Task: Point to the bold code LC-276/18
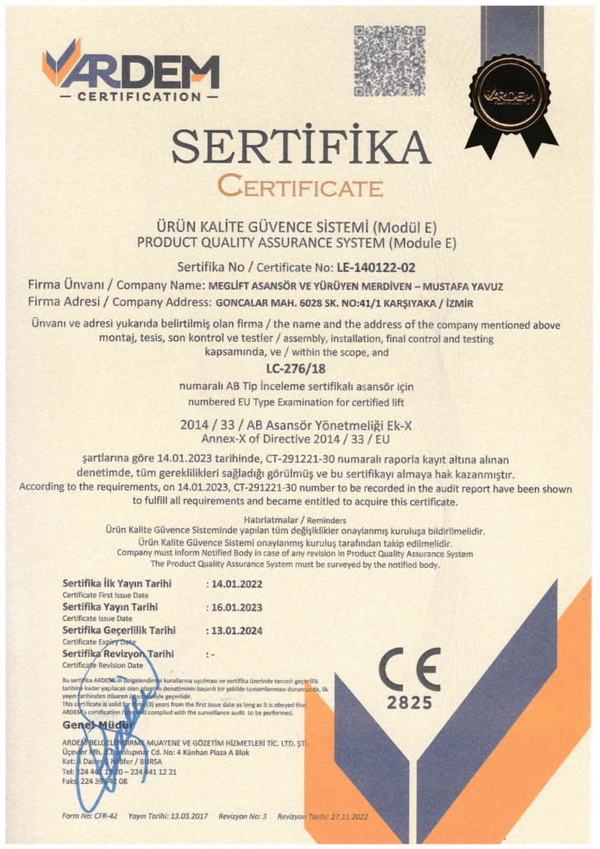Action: [x=300, y=369]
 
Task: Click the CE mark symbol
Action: [x=410, y=668]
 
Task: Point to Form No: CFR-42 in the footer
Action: [x=90, y=816]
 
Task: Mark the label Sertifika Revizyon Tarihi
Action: [x=119, y=654]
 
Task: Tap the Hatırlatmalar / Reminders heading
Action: [x=300, y=521]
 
